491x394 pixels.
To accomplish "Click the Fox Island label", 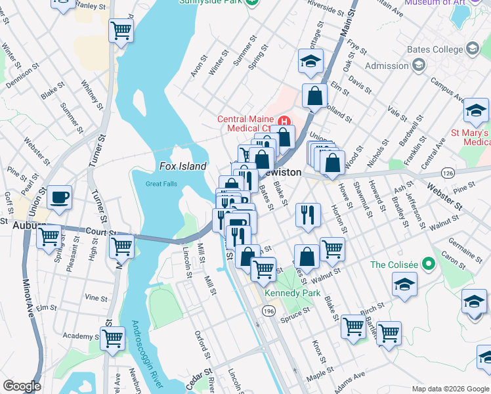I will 182,167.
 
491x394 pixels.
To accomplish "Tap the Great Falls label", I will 161,185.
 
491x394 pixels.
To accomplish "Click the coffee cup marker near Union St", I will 59,198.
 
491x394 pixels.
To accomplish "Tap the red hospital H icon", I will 284,121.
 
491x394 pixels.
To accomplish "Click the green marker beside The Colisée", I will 429,265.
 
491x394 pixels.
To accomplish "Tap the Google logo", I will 22,386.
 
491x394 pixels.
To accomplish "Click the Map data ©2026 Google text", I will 450,389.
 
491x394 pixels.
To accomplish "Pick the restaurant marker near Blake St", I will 308,215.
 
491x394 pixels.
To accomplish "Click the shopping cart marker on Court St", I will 122,248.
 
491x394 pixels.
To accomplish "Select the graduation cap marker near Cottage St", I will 311,62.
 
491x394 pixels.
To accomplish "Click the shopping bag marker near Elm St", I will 315,95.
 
